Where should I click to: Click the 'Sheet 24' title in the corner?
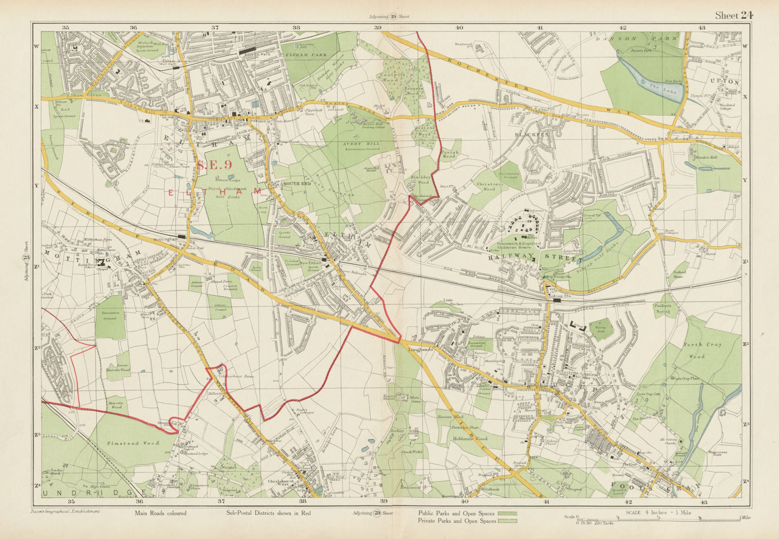coord(734,16)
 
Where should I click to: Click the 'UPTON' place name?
coord(724,82)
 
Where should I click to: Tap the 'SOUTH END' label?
coord(296,184)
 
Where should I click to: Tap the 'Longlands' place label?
coord(417,350)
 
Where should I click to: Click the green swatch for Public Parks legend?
coord(507,513)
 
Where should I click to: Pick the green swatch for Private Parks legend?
coord(507,521)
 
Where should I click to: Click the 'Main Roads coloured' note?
coord(160,513)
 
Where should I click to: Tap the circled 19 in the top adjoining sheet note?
coord(393,17)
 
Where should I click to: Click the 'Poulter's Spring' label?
coord(662,308)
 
